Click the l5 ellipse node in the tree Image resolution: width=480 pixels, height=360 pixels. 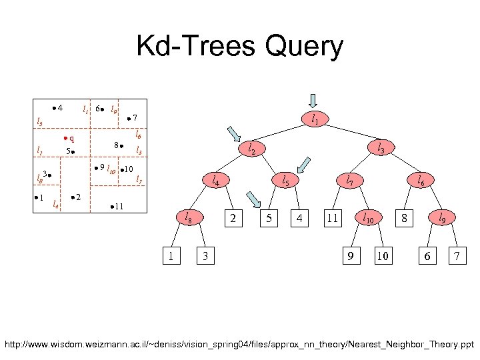[x=285, y=180]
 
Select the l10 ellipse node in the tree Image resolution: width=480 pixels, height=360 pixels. [x=367, y=217]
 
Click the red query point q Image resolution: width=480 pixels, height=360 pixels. [x=66, y=139]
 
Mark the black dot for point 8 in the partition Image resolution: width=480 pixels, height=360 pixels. [x=123, y=145]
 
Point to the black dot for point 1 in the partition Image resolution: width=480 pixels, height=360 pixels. [x=35, y=197]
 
